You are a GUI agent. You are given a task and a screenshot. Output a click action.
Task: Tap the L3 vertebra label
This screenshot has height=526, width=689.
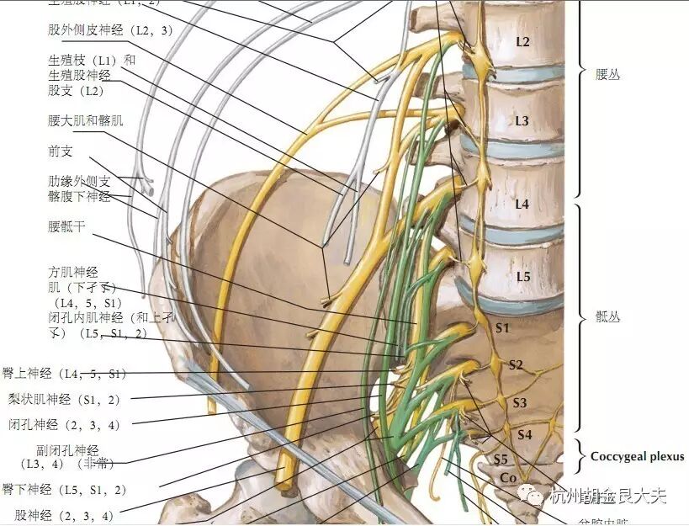pyautogui.click(x=522, y=121)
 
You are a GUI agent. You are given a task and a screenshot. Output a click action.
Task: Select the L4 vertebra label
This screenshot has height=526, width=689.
pyautogui.click(x=522, y=204)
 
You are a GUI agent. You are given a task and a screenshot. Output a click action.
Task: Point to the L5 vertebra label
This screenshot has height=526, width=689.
pyautogui.click(x=522, y=276)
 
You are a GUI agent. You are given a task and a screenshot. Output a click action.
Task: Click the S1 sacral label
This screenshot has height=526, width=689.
pyautogui.click(x=502, y=327)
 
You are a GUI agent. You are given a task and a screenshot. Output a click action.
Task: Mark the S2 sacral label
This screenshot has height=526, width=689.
pyautogui.click(x=516, y=364)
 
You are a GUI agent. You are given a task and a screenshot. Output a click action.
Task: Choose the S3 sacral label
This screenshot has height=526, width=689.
pyautogui.click(x=520, y=403)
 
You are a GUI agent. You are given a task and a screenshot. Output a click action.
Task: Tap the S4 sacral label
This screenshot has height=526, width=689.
pyautogui.click(x=525, y=434)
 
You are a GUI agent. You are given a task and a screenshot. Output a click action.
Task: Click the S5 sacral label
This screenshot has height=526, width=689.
pyautogui.click(x=501, y=460)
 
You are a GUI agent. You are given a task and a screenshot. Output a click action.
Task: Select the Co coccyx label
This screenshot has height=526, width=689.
pyautogui.click(x=507, y=478)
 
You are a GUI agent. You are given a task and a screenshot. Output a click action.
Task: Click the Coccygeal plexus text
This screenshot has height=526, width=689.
pyautogui.click(x=637, y=457)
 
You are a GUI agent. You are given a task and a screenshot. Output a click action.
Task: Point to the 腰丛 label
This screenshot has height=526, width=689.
pyautogui.click(x=607, y=75)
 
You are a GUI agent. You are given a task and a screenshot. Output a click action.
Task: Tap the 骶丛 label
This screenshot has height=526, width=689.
pyautogui.click(x=607, y=318)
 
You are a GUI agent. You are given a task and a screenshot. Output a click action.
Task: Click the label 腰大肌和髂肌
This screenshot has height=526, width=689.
pyautogui.click(x=86, y=120)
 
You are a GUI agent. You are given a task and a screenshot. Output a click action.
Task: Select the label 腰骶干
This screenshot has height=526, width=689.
pyautogui.click(x=67, y=226)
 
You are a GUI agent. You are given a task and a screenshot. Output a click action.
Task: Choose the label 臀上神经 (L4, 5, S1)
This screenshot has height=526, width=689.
pyautogui.click(x=64, y=374)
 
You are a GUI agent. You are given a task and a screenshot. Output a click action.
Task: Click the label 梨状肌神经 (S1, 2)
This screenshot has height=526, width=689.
pyautogui.click(x=64, y=399)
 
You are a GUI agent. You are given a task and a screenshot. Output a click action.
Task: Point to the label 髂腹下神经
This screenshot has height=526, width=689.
pyautogui.click(x=79, y=197)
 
